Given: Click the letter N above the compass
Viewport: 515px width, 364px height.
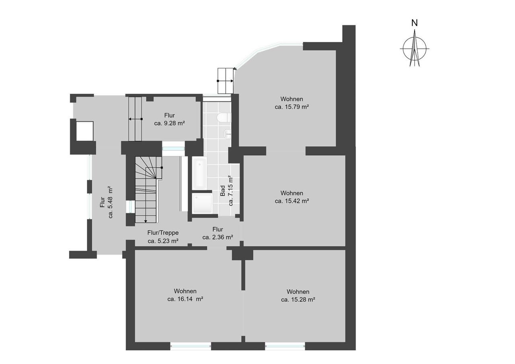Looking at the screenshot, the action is pyautogui.click(x=414, y=23).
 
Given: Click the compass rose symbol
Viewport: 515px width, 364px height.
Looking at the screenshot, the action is pyautogui.click(x=414, y=49).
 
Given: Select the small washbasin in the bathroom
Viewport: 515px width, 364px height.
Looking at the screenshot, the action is pyautogui.click(x=227, y=134).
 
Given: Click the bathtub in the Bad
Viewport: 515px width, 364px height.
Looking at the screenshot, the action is pyautogui.click(x=199, y=173).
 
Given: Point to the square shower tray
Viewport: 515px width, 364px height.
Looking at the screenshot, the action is pyautogui.click(x=202, y=204).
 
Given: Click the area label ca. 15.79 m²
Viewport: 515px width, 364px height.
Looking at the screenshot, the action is pyautogui.click(x=292, y=107).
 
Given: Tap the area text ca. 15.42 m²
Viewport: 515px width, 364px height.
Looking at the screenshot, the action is pyautogui.click(x=292, y=201).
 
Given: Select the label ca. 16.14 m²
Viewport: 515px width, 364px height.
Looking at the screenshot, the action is pyautogui.click(x=185, y=299).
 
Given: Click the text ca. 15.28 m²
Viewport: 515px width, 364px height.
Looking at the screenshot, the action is pyautogui.click(x=298, y=299).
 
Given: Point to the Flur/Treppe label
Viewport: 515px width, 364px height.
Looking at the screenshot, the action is pyautogui.click(x=163, y=233).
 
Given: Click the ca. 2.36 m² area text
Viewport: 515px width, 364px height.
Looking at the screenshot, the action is pyautogui.click(x=218, y=237).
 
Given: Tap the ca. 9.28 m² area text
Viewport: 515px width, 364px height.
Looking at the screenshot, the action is pyautogui.click(x=169, y=123).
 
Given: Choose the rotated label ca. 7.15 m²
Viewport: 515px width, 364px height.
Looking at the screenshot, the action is pyautogui.click(x=231, y=191).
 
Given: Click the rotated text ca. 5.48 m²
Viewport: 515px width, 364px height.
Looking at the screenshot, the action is pyautogui.click(x=110, y=202).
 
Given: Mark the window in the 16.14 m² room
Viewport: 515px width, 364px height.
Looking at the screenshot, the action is pyautogui.click(x=191, y=347).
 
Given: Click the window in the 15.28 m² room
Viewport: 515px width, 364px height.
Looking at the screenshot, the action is pyautogui.click(x=285, y=347).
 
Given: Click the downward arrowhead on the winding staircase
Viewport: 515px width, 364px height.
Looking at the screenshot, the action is pyautogui.click(x=146, y=221).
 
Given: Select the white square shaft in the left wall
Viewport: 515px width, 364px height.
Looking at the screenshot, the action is pyautogui.click(x=84, y=131).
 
